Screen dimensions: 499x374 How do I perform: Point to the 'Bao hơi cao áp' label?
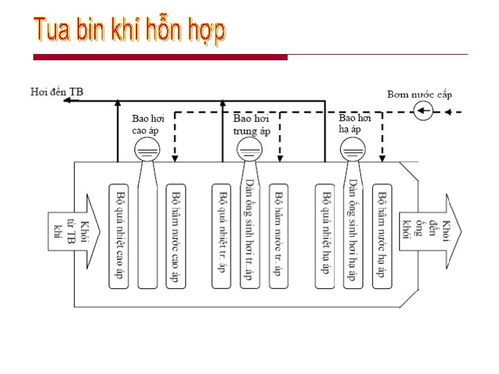pyautogui.click(x=148, y=124)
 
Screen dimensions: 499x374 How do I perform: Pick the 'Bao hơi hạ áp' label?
pyautogui.click(x=355, y=123)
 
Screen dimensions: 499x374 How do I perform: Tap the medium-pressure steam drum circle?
pyautogui.click(x=249, y=148)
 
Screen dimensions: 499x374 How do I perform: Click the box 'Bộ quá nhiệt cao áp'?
pyautogui.click(x=119, y=235)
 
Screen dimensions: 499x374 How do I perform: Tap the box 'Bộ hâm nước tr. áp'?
pyautogui.click(x=279, y=235)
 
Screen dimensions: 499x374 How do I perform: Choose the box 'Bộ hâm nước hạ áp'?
pyautogui.click(x=382, y=235)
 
